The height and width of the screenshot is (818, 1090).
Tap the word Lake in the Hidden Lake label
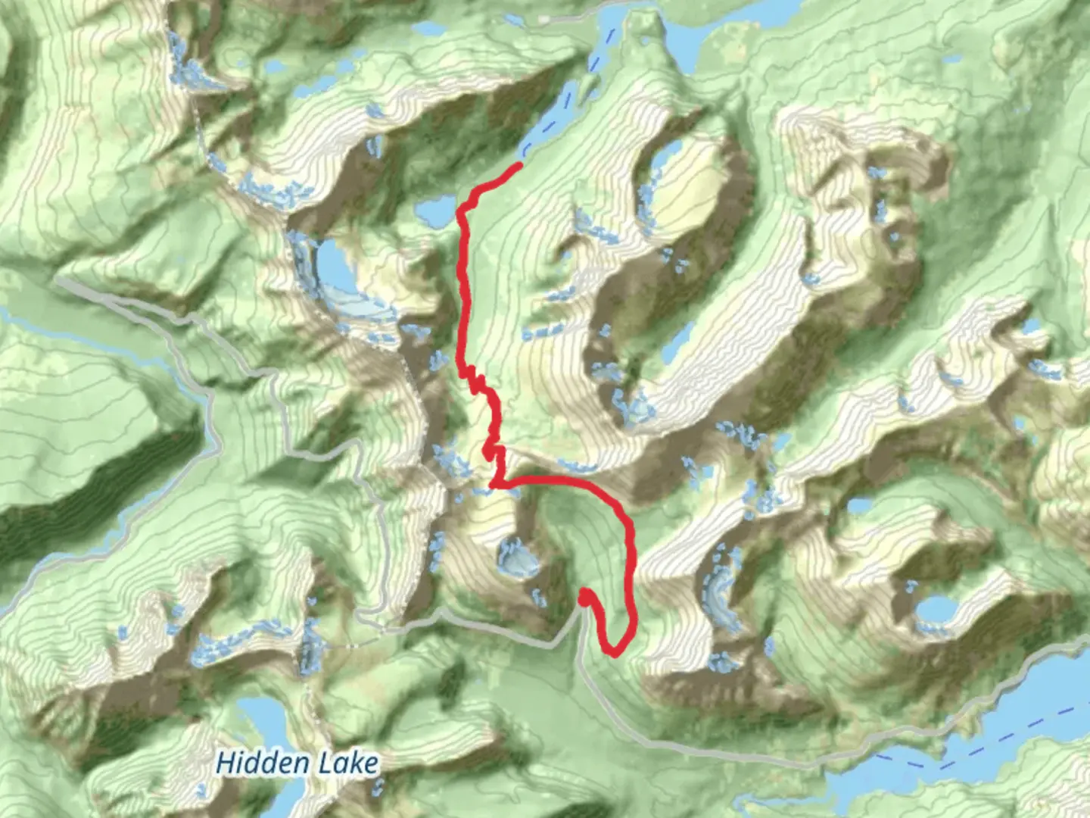pos(347,762)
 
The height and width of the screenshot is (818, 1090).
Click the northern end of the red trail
pos(519,164)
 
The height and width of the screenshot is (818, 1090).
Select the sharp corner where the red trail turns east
pos(494,482)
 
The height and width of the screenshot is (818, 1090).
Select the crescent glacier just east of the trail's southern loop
pos(719,591)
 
